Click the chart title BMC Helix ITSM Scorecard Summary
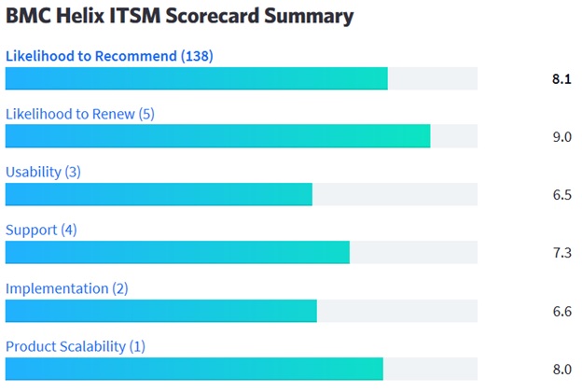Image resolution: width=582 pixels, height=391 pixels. click(x=180, y=17)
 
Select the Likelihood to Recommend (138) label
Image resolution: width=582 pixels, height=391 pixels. click(x=109, y=56)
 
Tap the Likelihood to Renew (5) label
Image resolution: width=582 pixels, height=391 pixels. click(x=80, y=114)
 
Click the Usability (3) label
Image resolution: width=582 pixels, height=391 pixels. click(x=43, y=172)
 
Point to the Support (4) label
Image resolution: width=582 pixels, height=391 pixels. click(x=41, y=230)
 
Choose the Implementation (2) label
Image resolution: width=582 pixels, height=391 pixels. click(x=67, y=288)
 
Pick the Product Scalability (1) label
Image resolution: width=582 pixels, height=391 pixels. click(x=76, y=346)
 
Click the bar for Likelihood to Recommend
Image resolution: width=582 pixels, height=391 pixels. click(x=196, y=78)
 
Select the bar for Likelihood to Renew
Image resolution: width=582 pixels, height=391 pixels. click(x=217, y=136)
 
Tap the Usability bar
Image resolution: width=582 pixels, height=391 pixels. click(x=159, y=194)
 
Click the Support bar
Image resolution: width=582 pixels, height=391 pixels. click(x=177, y=252)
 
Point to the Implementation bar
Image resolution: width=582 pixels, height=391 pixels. click(x=160, y=311)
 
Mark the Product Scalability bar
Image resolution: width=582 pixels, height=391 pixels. click(x=194, y=369)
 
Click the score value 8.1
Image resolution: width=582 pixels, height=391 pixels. click(x=561, y=79)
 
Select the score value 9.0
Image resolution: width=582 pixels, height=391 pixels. click(x=561, y=137)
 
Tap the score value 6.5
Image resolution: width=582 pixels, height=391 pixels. click(x=561, y=195)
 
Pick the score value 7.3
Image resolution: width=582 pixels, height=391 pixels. click(x=561, y=253)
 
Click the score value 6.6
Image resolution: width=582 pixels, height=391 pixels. click(x=561, y=312)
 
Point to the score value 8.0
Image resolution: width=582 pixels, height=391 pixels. click(x=561, y=370)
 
